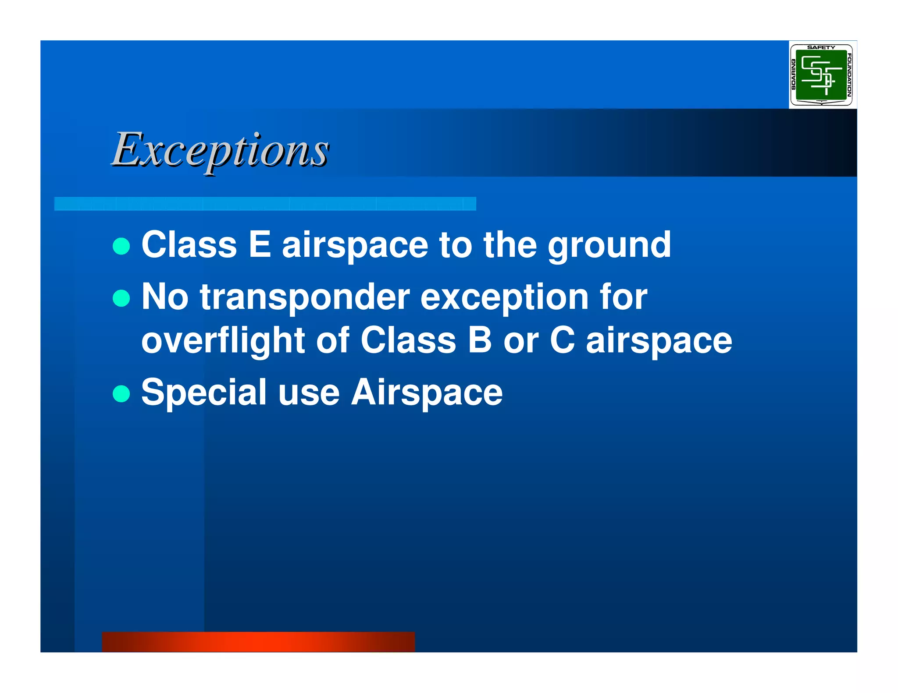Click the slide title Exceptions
click(x=220, y=150)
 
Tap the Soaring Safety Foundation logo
click(x=821, y=75)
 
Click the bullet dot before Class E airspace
click(x=121, y=246)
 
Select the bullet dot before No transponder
click(x=121, y=299)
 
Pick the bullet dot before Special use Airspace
click(x=121, y=393)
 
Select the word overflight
click(x=223, y=341)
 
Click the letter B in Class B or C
click(x=479, y=340)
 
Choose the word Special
click(x=204, y=392)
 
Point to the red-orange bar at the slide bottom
click(x=258, y=642)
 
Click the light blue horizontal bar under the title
click(x=265, y=204)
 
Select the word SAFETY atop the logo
click(x=821, y=47)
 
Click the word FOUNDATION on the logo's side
click(x=848, y=75)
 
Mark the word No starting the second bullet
click(x=165, y=297)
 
